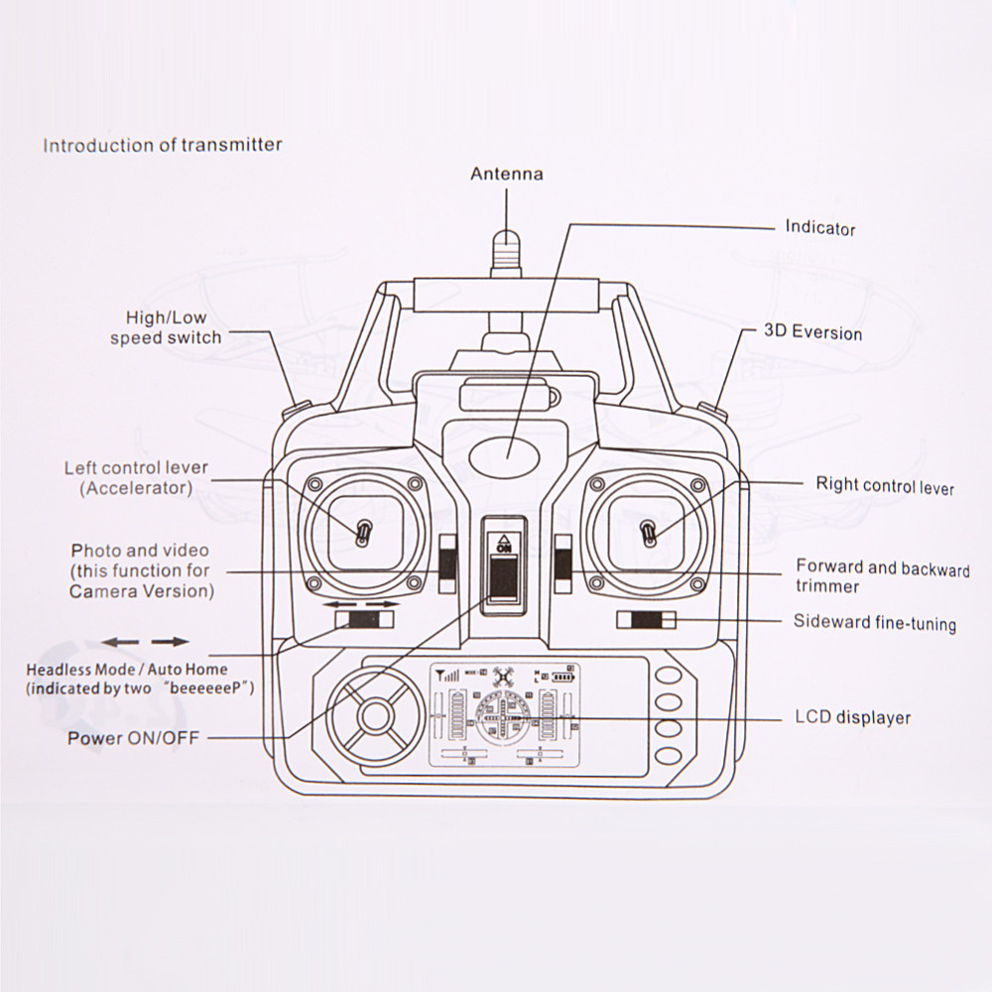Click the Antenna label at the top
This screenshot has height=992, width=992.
tap(506, 174)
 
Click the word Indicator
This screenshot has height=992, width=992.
tap(819, 227)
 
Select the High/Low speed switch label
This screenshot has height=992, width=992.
tap(166, 327)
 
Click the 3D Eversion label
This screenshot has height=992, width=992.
tap(812, 331)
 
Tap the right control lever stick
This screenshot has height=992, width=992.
tap(648, 533)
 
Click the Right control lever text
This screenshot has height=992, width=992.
tap(885, 485)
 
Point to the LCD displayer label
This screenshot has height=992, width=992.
tap(852, 716)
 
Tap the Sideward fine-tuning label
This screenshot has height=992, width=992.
tap(874, 623)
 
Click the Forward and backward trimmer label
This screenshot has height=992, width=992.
tap(882, 576)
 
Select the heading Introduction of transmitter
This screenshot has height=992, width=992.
tap(162, 145)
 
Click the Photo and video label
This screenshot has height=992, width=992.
tap(140, 570)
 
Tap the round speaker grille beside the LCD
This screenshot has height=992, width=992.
tap(375, 716)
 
